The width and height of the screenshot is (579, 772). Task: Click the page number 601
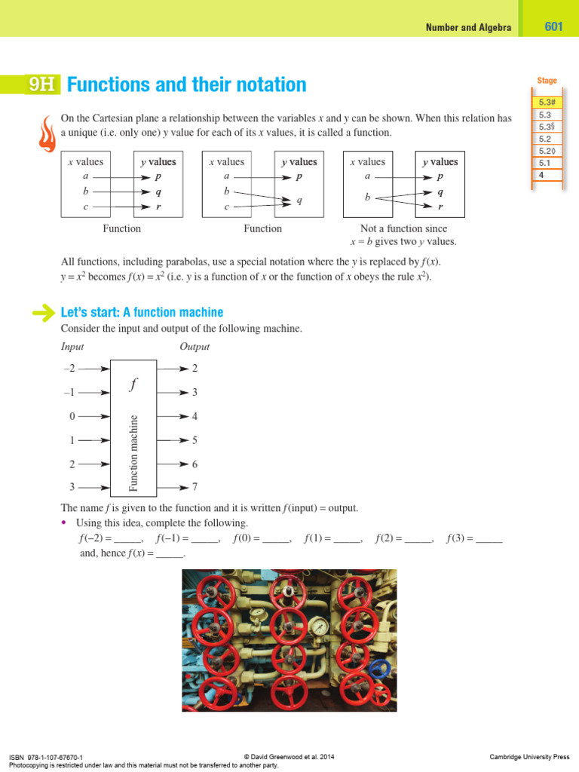tap(553, 26)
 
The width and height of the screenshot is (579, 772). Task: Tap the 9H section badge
tap(41, 85)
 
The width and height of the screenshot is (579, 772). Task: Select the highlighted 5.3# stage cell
tap(546, 103)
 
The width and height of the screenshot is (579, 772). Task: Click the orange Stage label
tap(547, 81)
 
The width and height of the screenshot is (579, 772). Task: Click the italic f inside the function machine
tap(133, 384)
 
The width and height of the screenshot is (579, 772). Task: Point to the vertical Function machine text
tap(134, 452)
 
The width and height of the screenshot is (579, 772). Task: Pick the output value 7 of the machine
tap(195, 488)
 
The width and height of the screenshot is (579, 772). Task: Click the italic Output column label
tap(194, 347)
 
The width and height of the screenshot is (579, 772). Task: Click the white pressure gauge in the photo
tap(320, 626)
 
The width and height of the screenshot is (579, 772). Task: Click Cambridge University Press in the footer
tap(529, 757)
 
